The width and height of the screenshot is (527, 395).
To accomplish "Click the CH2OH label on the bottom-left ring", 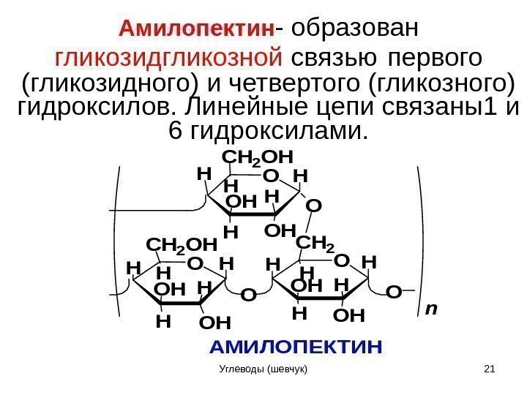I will click(182, 243).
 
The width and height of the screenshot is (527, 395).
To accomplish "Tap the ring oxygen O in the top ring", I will click(271, 176).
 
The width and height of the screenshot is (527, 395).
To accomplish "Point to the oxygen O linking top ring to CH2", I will click(313, 206).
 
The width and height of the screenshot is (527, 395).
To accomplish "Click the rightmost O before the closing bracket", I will click(394, 293).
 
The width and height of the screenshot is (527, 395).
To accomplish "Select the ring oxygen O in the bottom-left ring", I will click(195, 263).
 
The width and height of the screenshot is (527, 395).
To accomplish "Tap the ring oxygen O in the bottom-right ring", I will click(341, 261).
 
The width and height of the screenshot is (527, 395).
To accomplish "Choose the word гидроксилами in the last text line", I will click(277, 132).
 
